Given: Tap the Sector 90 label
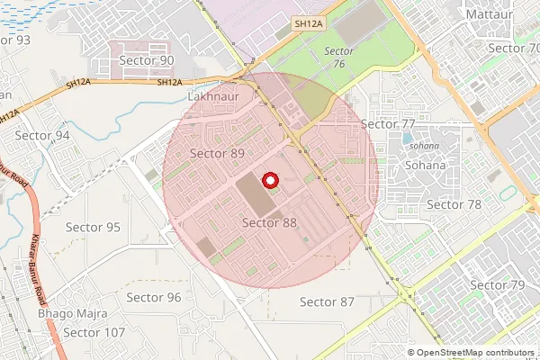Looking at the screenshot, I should (x=147, y=60).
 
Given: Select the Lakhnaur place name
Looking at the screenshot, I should (x=213, y=94).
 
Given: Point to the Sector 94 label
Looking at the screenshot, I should (x=42, y=135).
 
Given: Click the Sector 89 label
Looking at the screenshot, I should (x=218, y=153).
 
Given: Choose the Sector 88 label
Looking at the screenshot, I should (x=269, y=222).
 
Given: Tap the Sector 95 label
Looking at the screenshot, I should (x=94, y=227).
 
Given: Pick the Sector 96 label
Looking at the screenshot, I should (x=154, y=297).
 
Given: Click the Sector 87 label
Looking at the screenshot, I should (x=327, y=301).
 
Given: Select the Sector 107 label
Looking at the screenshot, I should (x=94, y=332).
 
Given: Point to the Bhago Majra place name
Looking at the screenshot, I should (x=72, y=314).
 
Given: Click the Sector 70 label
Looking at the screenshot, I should (x=513, y=48).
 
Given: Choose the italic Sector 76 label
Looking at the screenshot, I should (x=338, y=57).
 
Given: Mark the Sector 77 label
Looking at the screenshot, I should (x=388, y=123).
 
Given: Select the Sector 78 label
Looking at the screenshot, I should (x=454, y=204).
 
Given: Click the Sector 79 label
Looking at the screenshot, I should (x=498, y=285).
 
